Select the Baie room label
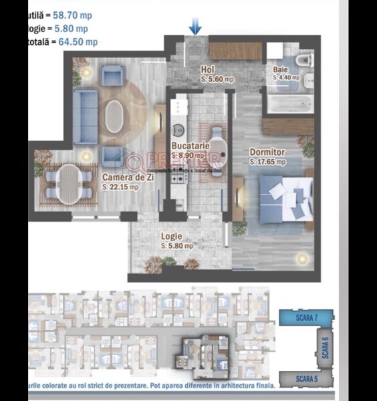pyautogui.click(x=281, y=70)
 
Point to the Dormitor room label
pyautogui.click(x=267, y=152)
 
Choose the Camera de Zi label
pyautogui.click(x=120, y=177)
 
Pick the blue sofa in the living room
pyautogui.click(x=84, y=116)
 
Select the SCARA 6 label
pyautogui.click(x=326, y=348)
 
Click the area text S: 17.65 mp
pyautogui.click(x=267, y=161)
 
